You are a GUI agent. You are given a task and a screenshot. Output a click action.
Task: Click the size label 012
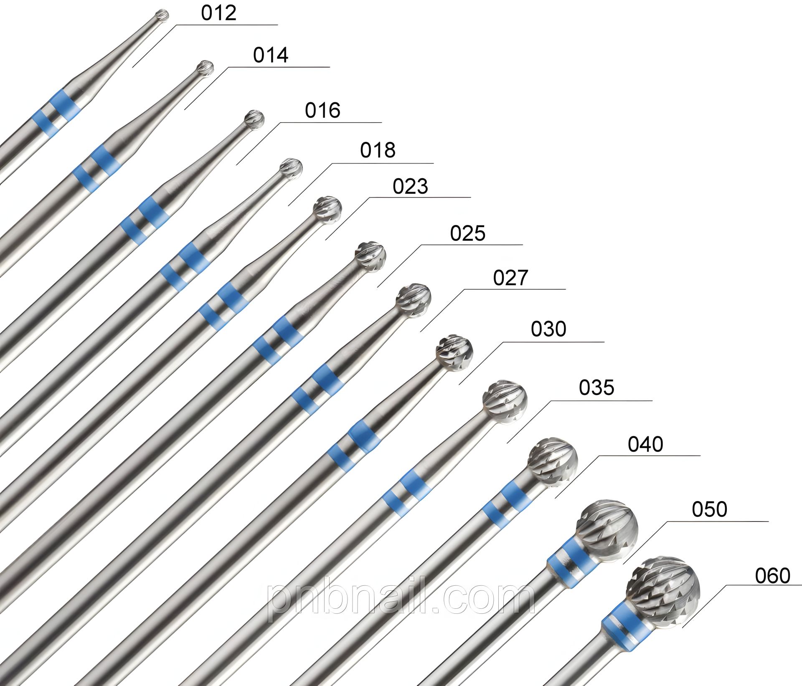[x=218, y=13]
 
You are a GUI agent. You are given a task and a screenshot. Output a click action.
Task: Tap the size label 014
[x=271, y=55]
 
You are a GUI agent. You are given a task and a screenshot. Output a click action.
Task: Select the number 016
[x=322, y=111]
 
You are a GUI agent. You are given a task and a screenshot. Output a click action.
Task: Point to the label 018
[x=378, y=150]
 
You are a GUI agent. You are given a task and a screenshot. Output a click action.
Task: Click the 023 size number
[x=410, y=187]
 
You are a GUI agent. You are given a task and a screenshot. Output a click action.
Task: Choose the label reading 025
[x=467, y=233]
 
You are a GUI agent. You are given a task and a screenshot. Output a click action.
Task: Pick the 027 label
[x=510, y=278]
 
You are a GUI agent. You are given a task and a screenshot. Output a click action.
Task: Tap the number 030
[x=548, y=329]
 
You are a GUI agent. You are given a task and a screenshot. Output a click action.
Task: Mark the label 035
[x=596, y=387]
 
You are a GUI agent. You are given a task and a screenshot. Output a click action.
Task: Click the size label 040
[x=645, y=444]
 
